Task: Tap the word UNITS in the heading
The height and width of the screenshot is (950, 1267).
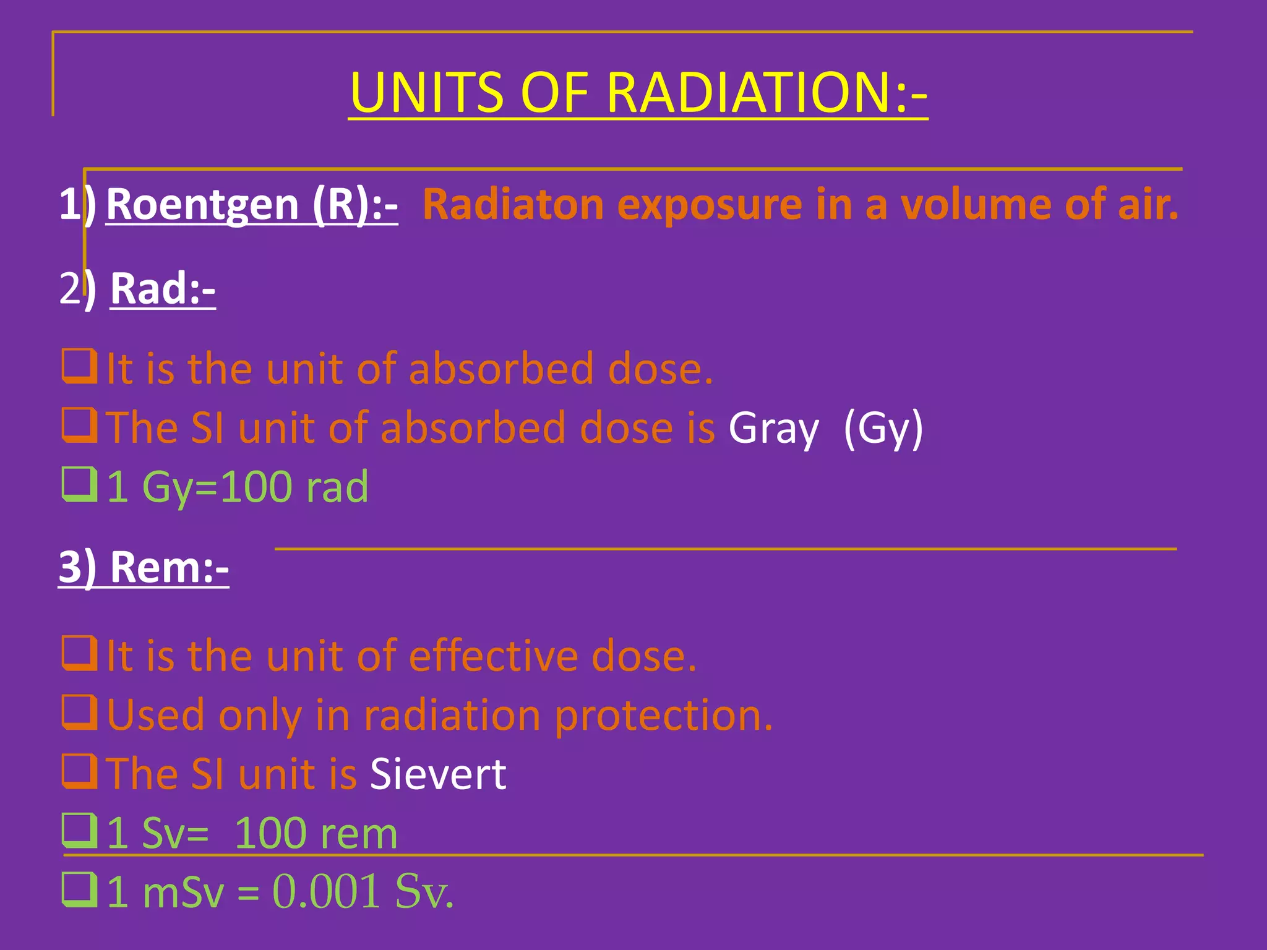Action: pyautogui.click(x=427, y=93)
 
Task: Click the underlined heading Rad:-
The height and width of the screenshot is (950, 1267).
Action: pyautogui.click(x=163, y=288)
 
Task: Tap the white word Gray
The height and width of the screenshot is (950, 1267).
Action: pyautogui.click(x=773, y=428)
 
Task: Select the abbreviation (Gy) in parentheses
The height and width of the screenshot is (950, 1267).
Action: pyautogui.click(x=883, y=428)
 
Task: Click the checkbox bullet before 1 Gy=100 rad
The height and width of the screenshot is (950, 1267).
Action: pyautogui.click(x=79, y=484)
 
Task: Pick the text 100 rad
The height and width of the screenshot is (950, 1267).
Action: pyautogui.click(x=294, y=487)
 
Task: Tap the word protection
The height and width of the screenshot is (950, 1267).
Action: pyautogui.click(x=663, y=716)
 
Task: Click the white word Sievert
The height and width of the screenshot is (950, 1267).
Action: pyautogui.click(x=438, y=774)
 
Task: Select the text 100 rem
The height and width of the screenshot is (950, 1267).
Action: pyautogui.click(x=316, y=833)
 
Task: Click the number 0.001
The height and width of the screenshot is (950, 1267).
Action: pyautogui.click(x=326, y=891)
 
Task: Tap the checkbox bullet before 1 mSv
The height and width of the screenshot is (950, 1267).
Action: pyautogui.click(x=79, y=889)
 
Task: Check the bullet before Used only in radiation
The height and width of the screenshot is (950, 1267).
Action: pyautogui.click(x=79, y=712)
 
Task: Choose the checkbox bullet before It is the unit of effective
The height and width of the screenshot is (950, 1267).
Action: pyautogui.click(x=79, y=654)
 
